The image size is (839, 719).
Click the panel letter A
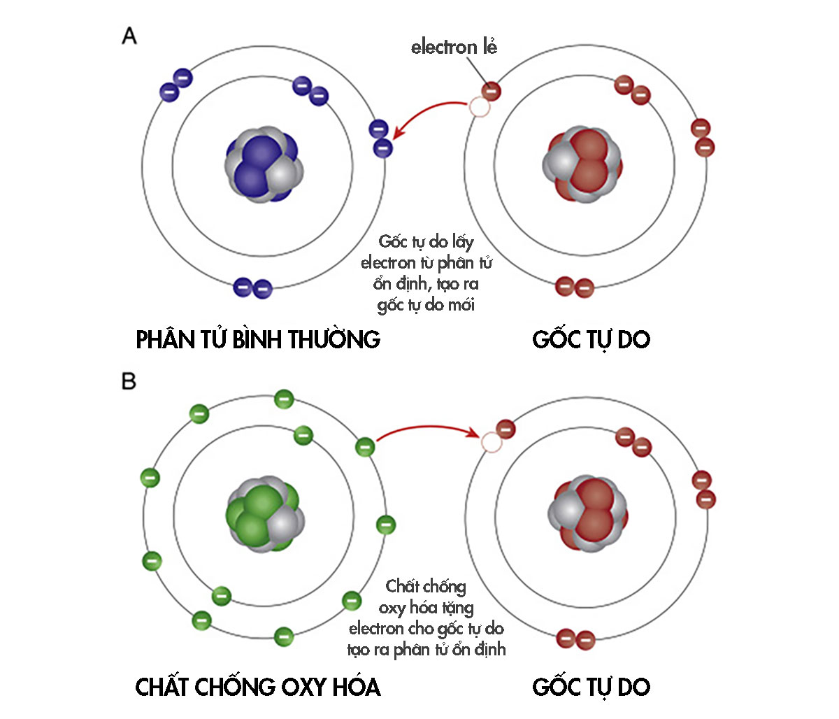coord(129,36)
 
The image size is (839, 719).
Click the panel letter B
coord(129,382)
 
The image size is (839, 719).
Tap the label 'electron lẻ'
coord(454,48)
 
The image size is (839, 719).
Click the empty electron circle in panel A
coord(479,107)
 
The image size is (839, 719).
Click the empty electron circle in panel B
coord(492,442)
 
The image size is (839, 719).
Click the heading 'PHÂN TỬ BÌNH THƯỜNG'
coord(258,340)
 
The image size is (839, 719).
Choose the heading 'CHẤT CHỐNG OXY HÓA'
coord(258,687)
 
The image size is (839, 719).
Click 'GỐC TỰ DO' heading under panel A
coord(591,340)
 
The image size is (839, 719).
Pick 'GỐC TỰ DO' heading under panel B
coord(591,687)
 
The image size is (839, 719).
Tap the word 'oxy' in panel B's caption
coord(392,608)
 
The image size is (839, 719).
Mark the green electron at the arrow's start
coord(365,446)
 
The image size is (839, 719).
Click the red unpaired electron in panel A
coord(492,91)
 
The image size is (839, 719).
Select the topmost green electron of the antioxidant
coord(283,399)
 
